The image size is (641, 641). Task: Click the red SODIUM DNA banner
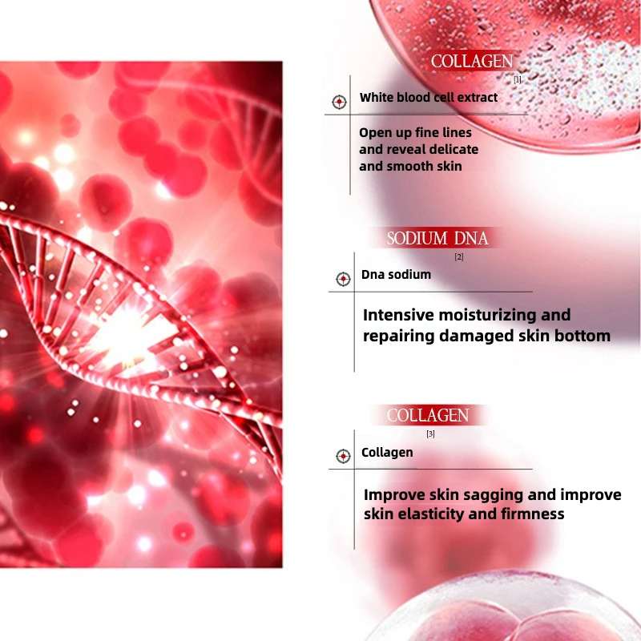(437, 238)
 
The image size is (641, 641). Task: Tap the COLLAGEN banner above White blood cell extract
(471, 62)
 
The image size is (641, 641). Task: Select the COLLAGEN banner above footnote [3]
(428, 415)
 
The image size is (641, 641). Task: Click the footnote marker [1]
(518, 79)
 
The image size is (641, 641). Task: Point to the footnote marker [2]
(459, 257)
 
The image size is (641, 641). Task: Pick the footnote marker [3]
(430, 434)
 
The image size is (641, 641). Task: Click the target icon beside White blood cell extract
(339, 102)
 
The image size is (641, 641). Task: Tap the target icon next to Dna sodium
(343, 279)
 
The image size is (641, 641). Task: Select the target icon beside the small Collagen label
(343, 456)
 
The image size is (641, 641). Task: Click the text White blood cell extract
(429, 98)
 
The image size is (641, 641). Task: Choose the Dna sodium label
(396, 275)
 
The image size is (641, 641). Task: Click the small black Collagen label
(387, 453)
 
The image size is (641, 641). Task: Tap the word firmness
(530, 514)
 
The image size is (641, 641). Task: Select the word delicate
(450, 149)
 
